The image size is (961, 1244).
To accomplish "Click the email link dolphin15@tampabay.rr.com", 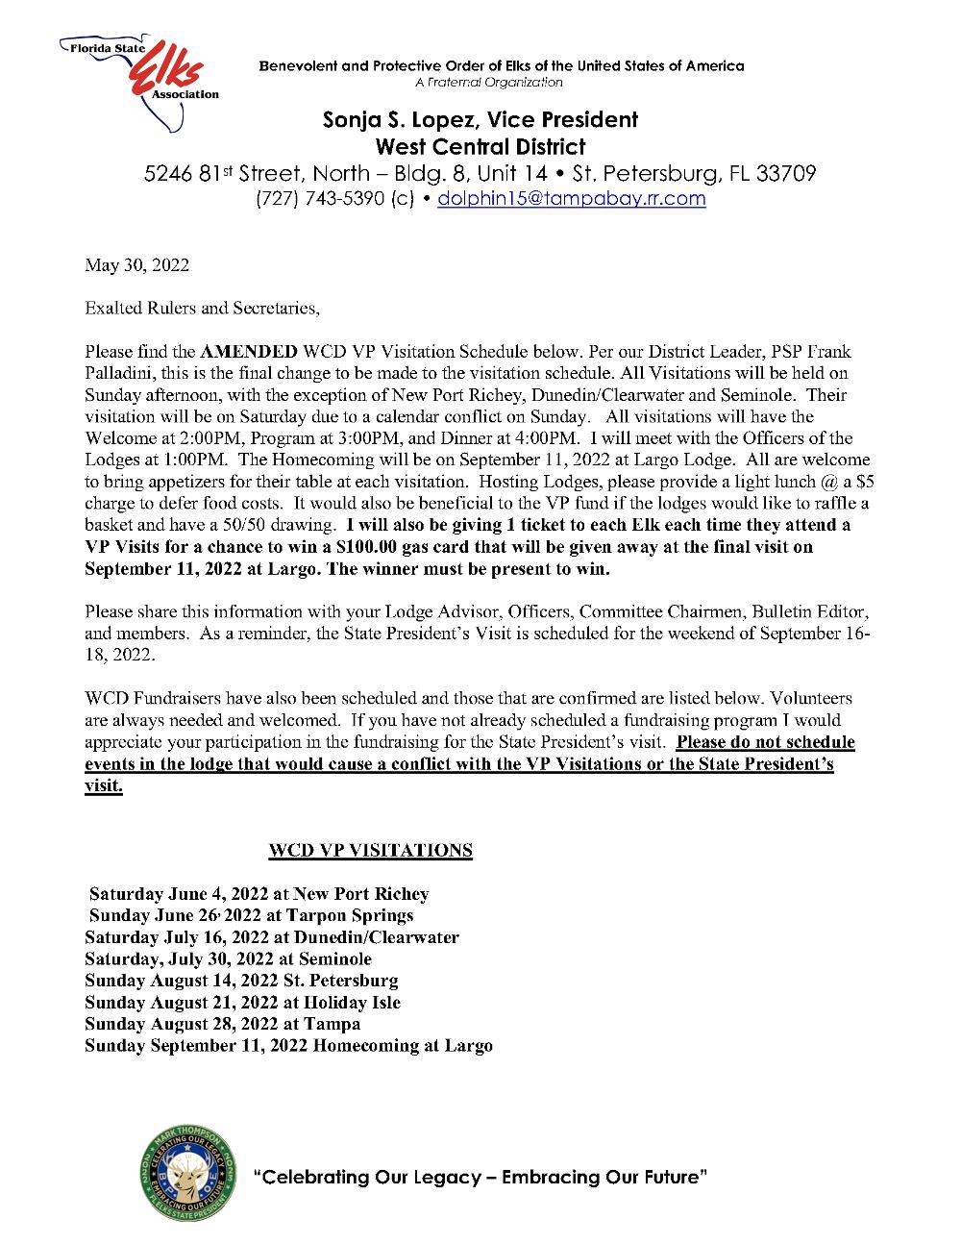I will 571,199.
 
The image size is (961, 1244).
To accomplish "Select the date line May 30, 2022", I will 136,265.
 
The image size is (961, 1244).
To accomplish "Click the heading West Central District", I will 480,147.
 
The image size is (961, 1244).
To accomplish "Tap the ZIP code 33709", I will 786,174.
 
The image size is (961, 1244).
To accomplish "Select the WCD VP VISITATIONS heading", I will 370,851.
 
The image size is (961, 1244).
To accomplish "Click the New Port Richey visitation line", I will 259,894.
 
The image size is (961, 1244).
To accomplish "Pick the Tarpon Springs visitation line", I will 251,915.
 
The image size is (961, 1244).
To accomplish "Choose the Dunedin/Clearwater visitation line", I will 272,937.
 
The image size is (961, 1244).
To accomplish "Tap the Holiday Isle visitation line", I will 242,1002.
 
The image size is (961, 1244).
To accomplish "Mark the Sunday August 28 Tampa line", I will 222,1024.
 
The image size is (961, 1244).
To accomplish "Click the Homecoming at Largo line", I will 288,1045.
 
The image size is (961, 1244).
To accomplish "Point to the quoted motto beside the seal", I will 480,1178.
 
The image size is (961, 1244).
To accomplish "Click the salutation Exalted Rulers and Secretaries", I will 202,309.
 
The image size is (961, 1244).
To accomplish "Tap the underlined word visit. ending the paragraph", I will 104,785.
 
